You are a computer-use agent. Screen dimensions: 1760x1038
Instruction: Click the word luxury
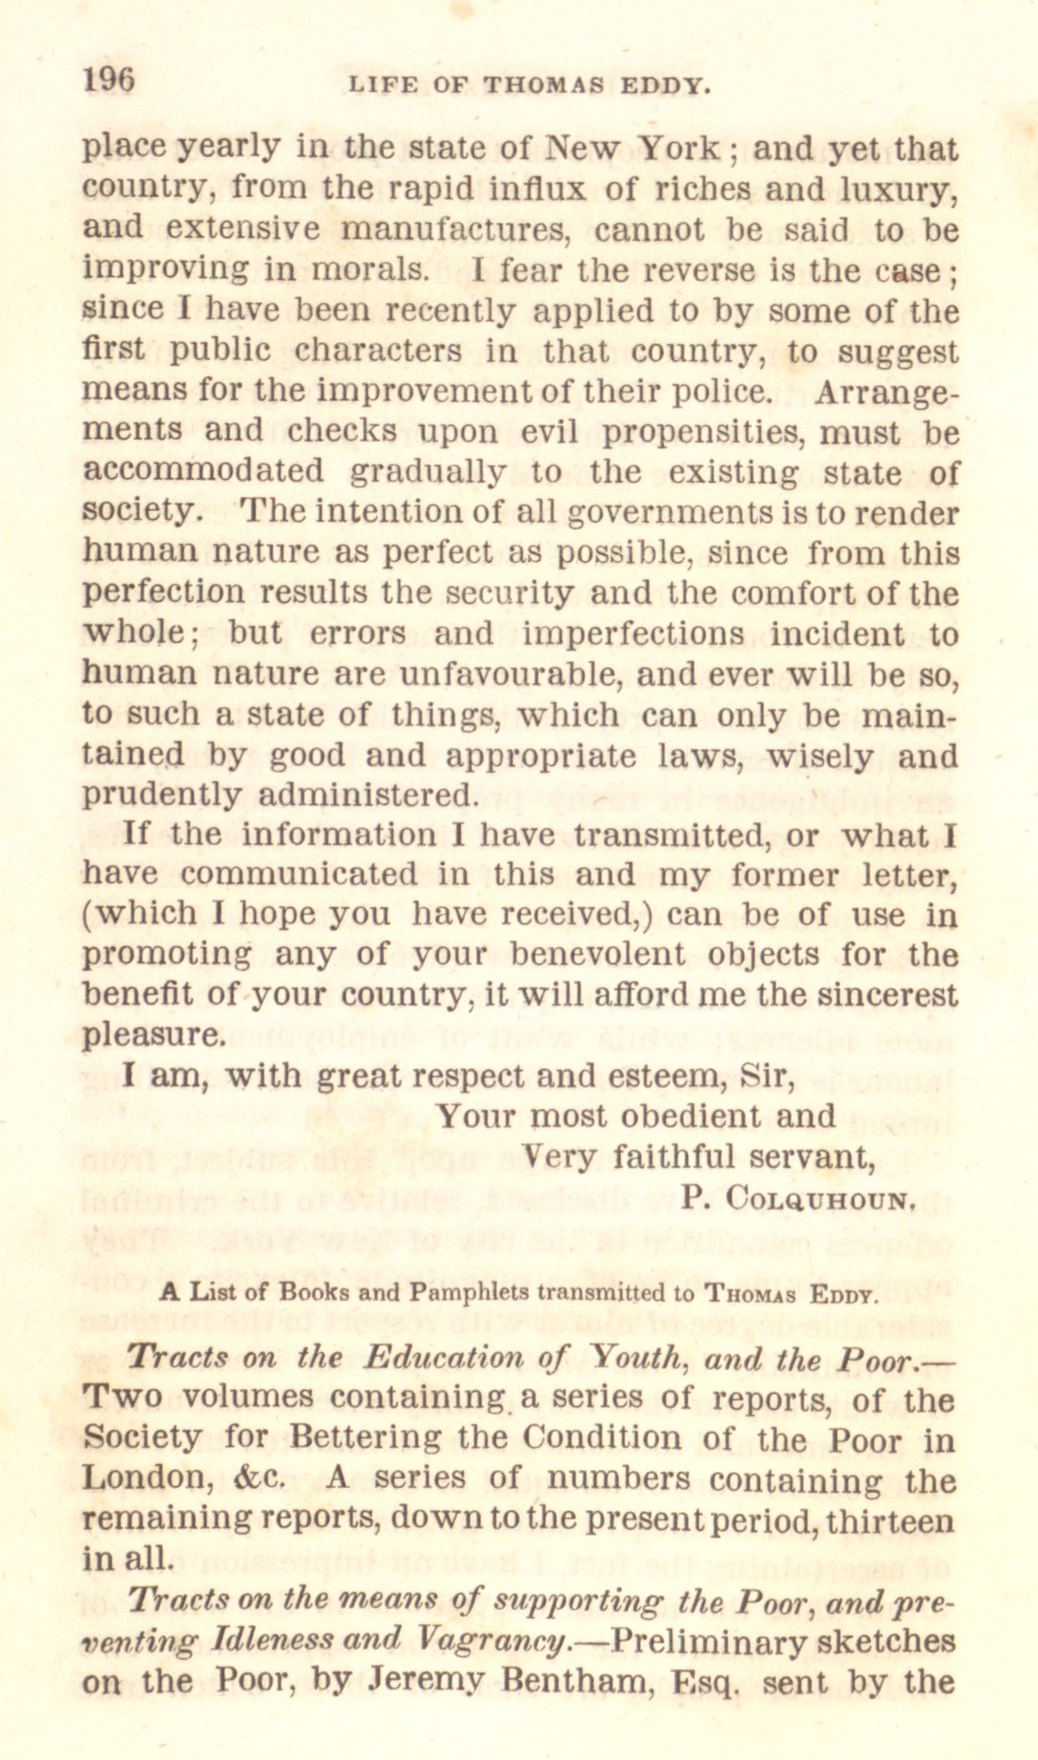click(x=901, y=190)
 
